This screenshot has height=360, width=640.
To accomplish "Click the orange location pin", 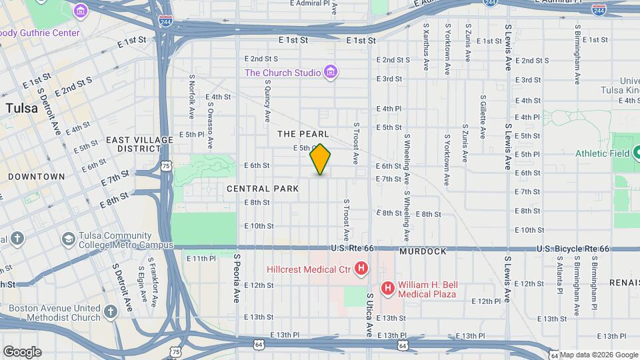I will [321, 159].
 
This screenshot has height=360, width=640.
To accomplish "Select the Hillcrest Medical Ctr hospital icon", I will [361, 269].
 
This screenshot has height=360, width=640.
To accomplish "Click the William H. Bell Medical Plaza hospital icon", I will [387, 288].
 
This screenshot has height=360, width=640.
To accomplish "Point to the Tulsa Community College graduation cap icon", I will [68, 239].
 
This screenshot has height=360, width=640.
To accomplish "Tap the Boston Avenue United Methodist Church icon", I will [111, 311].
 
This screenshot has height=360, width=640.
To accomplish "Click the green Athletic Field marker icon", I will [635, 153].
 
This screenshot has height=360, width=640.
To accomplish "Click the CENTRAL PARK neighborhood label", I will [263, 189].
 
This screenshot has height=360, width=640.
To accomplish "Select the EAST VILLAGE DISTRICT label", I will [140, 144].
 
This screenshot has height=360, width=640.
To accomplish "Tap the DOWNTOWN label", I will [37, 177].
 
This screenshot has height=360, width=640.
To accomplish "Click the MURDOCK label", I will [423, 252].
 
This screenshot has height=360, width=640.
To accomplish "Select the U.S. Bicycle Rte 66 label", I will [573, 249].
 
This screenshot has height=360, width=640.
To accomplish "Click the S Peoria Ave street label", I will [236, 278].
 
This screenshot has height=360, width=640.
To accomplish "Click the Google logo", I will [22, 352].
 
